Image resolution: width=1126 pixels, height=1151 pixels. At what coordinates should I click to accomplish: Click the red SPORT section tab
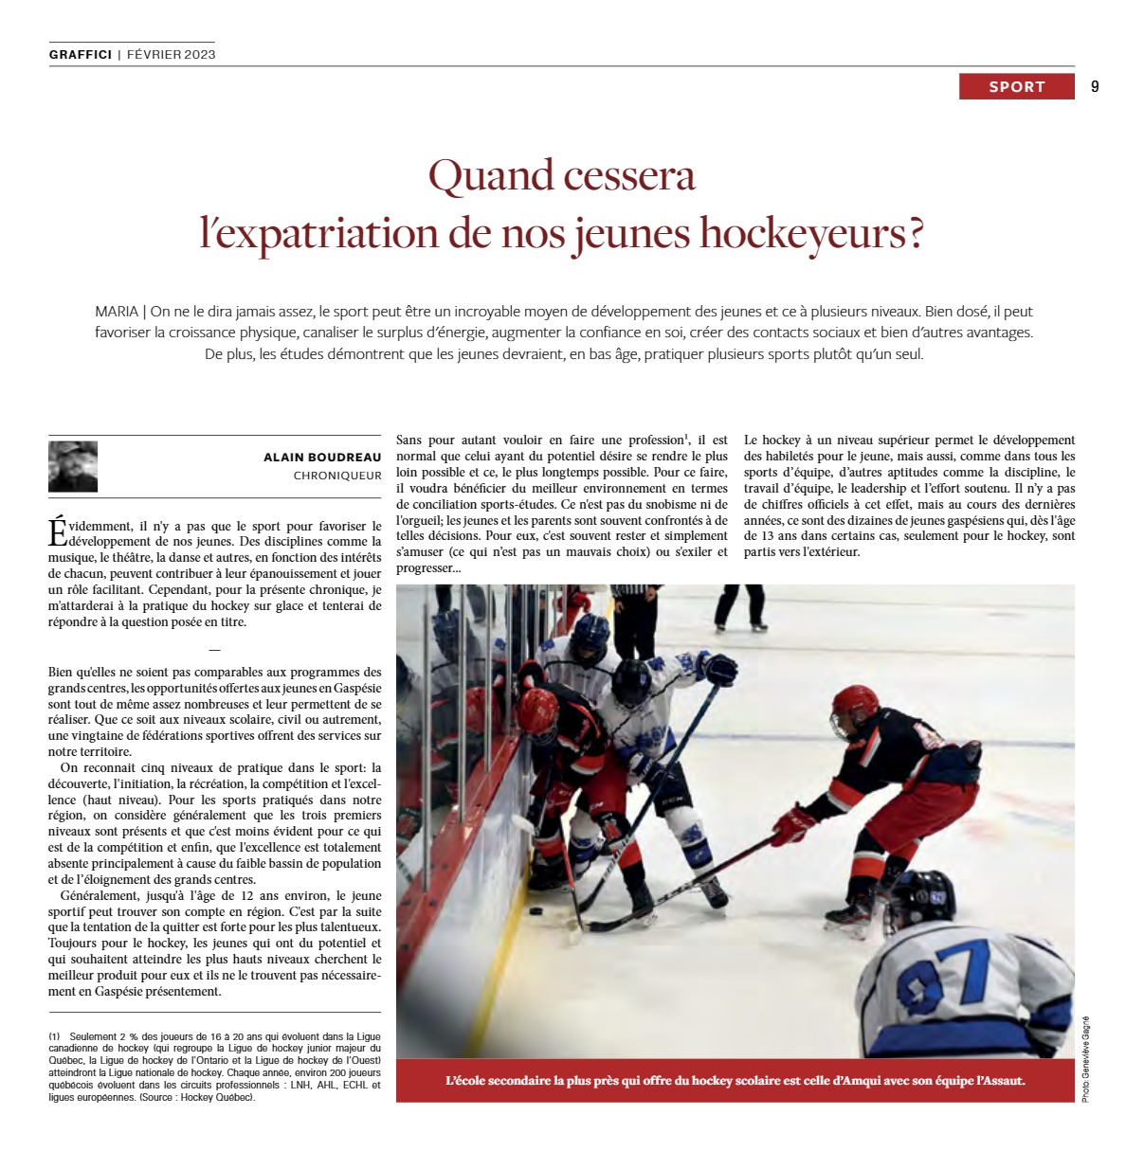1016,86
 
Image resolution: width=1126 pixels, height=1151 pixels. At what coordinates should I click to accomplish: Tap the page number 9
1095,86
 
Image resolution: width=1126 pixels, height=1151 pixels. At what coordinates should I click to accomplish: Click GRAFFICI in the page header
81,54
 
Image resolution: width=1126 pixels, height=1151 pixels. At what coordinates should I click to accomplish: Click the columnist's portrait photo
73,466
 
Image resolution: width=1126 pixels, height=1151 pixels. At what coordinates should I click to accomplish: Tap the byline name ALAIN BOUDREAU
322,458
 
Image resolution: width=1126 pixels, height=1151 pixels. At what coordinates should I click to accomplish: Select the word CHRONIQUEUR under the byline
337,476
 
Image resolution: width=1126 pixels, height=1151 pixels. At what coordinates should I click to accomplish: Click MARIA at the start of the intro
116,311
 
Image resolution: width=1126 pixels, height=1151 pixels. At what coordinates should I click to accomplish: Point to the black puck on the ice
535,911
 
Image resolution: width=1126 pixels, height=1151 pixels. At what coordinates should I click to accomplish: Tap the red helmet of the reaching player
855,706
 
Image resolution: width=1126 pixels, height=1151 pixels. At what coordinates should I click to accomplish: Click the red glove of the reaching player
791,823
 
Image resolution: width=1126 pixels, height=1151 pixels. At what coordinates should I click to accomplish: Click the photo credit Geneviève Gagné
1085,1059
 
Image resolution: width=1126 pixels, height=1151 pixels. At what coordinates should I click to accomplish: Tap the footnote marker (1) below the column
54,1036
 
